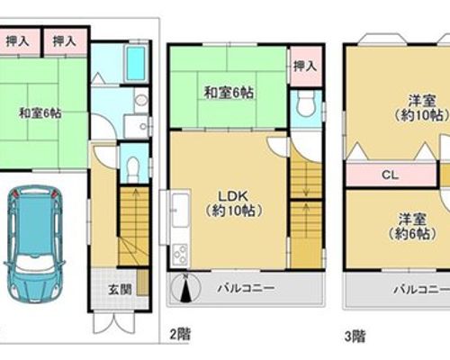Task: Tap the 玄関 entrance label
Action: click(120, 290)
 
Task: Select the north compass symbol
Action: click(186, 288)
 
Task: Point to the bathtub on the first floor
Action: click(137, 64)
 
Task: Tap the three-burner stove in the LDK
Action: click(180, 255)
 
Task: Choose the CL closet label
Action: click(391, 175)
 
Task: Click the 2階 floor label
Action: click(180, 335)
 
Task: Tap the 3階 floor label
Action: click(355, 336)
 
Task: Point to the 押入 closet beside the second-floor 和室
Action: click(305, 67)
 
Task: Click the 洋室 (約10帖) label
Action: click(421, 108)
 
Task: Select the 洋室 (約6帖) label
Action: click(412, 227)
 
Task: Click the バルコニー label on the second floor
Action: click(246, 288)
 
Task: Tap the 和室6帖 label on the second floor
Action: click(229, 93)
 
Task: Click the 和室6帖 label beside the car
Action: click(40, 113)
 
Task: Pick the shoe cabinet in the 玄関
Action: click(143, 283)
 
